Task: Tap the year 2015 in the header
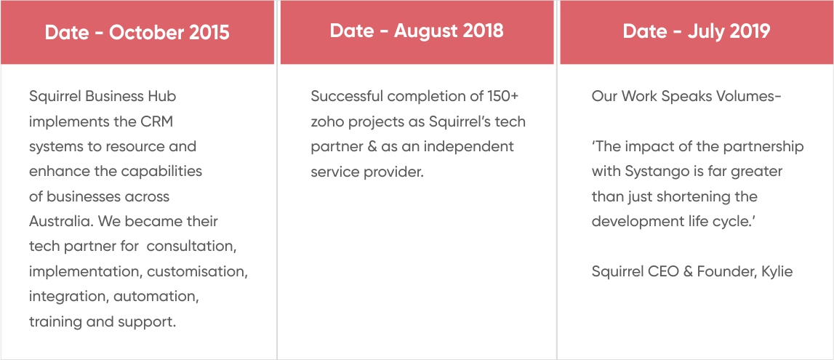209,33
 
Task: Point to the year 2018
483,31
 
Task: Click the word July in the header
705,31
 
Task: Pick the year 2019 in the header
750,31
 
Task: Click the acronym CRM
158,121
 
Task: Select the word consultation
191,247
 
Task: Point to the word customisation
197,271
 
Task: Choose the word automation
156,296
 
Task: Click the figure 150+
502,96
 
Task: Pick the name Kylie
777,271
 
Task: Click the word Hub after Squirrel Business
163,96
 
